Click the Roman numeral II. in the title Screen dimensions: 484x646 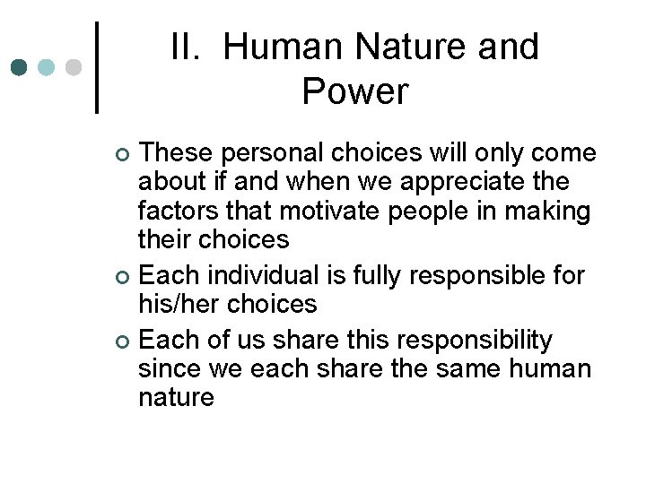point(188,47)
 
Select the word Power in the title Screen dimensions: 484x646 point(355,91)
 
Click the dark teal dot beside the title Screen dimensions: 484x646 point(20,67)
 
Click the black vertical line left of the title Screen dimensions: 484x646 point(97,67)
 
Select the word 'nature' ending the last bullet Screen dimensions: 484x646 point(176,398)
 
